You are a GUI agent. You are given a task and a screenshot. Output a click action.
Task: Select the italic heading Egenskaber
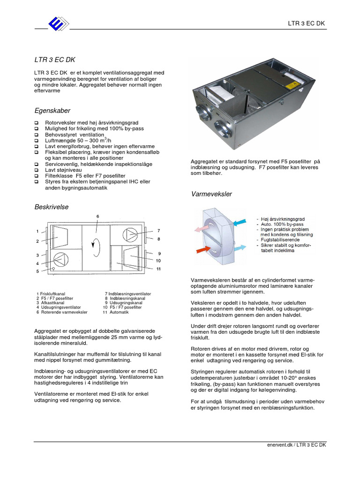pyautogui.click(x=52, y=111)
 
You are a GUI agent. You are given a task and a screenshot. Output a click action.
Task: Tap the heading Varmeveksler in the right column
pyautogui.click(x=212, y=194)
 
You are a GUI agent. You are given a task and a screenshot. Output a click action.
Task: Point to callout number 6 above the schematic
pyautogui.click(x=98, y=216)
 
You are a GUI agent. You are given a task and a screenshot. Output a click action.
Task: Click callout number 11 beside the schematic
pyautogui.click(x=159, y=269)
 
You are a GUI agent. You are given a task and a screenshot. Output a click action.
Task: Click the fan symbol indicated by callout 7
pyautogui.click(x=130, y=234)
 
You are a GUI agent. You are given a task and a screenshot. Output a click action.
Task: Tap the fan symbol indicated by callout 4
pyautogui.click(x=60, y=259)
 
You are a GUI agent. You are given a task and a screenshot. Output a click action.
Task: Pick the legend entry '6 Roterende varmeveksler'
pyautogui.click(x=62, y=312)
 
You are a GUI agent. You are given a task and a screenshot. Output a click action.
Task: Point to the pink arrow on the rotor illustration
pyautogui.click(x=202, y=228)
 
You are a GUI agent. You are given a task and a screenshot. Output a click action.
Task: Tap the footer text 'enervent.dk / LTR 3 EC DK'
pyautogui.click(x=293, y=445)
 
